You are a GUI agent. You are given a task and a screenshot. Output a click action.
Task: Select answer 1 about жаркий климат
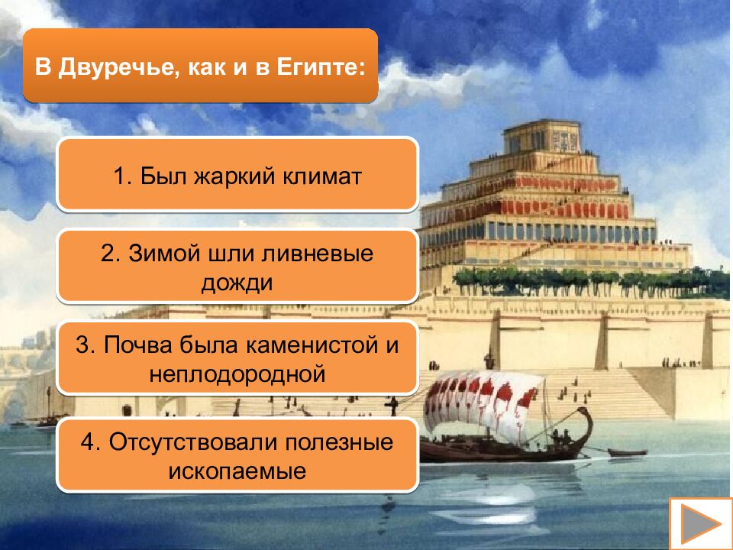point(237,175)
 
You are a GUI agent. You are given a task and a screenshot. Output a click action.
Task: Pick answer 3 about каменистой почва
point(237,358)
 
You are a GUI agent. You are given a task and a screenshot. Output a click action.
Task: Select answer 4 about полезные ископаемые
point(237,456)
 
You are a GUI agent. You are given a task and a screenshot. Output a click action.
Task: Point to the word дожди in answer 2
point(237,282)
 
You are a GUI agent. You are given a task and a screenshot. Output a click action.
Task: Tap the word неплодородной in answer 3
point(237,374)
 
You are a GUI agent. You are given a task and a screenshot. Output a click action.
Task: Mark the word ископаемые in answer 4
point(237,471)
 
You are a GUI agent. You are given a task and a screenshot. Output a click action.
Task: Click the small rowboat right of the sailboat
point(626,452)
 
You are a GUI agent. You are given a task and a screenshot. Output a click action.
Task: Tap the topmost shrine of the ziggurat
point(542,137)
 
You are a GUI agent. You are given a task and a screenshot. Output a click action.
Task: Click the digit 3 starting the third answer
point(82,345)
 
